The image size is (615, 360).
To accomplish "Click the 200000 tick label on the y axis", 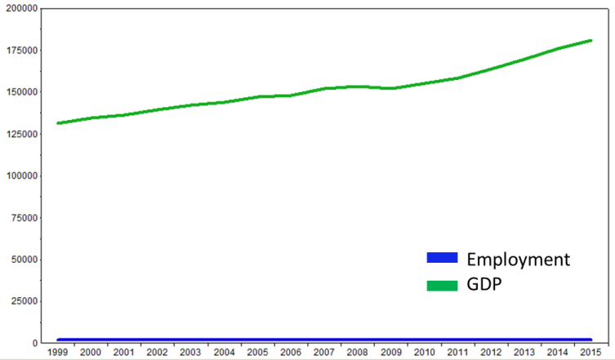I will pos(20,7).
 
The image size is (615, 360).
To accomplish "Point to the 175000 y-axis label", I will pos(20,50).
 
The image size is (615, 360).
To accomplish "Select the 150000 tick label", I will pos(20,91).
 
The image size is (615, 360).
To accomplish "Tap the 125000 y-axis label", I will pos(20,133).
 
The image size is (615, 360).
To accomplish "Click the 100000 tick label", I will pos(20,176).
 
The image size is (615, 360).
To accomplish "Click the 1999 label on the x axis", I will pos(57,352).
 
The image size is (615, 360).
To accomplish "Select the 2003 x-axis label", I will pos(190,352).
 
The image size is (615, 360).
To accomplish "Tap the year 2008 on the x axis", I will pos(357,352).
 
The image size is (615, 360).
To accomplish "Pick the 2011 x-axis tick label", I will pos(457,352).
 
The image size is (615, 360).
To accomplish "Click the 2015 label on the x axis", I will pos(590,352).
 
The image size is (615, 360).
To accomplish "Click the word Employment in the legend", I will pos(517,260).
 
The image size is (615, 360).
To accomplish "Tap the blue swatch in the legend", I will pos(442,258).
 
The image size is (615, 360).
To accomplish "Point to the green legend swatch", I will pos(442,285).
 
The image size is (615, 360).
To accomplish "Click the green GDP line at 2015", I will pos(590,41).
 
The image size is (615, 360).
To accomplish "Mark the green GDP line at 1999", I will pos(57,123).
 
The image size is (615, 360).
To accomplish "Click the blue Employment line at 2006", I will pos(290,340).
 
